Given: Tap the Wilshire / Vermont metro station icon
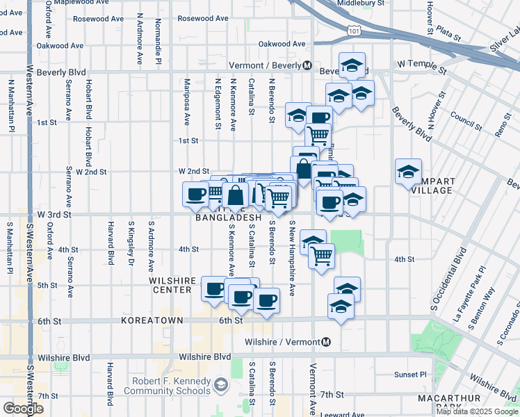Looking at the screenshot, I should pos(326,342).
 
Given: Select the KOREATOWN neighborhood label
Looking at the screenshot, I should pos(152,321).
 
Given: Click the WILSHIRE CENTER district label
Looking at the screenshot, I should pos(172,285).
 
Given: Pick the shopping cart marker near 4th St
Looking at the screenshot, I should pos(322,255).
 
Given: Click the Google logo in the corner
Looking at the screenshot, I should pos(24,409).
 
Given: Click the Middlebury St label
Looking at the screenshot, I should pos(360,3).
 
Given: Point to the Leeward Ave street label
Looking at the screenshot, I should pos(342,414).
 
